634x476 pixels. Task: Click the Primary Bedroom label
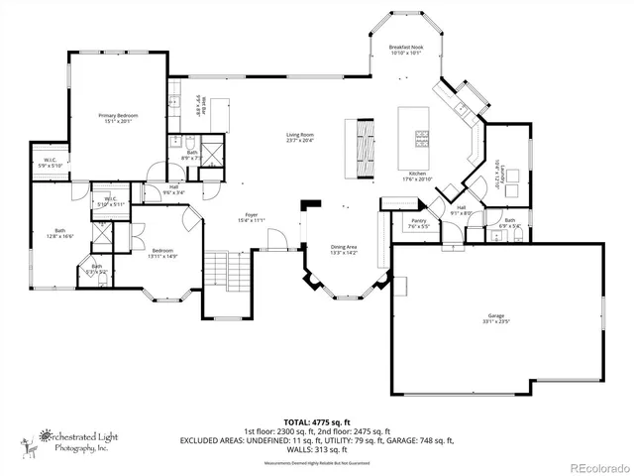click(x=118, y=119)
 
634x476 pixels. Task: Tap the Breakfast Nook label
click(x=406, y=51)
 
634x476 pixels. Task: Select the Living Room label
click(x=300, y=137)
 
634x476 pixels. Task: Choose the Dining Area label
click(x=344, y=250)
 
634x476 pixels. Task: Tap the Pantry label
click(x=418, y=223)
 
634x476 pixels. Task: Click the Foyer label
click(x=252, y=217)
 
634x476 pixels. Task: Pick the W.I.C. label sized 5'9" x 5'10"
click(x=49, y=163)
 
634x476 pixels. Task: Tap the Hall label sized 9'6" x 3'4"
click(x=173, y=189)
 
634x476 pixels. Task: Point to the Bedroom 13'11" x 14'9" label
click(x=162, y=253)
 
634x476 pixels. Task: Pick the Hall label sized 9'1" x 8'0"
click(x=462, y=210)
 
